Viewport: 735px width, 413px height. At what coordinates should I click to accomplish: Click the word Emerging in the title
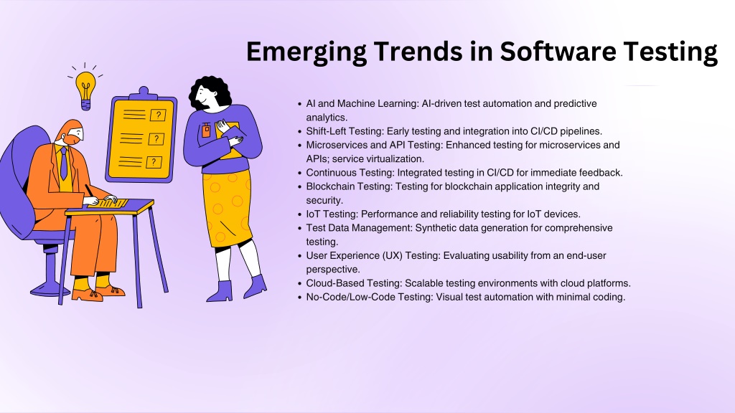306,52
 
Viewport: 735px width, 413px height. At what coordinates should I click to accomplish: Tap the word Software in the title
557,51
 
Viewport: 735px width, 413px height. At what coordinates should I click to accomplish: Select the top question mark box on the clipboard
158,115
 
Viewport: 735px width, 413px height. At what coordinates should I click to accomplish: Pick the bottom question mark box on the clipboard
154,162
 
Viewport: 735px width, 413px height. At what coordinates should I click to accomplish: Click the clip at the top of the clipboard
144,92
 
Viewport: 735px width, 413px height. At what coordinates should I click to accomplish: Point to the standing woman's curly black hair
210,92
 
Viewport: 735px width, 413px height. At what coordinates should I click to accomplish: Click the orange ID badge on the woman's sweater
206,130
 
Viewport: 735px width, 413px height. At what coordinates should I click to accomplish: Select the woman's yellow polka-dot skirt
227,206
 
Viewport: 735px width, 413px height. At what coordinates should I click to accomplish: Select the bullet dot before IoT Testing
300,215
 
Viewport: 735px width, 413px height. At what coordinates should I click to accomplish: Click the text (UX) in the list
393,256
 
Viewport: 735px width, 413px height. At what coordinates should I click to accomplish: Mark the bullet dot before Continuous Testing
300,174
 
